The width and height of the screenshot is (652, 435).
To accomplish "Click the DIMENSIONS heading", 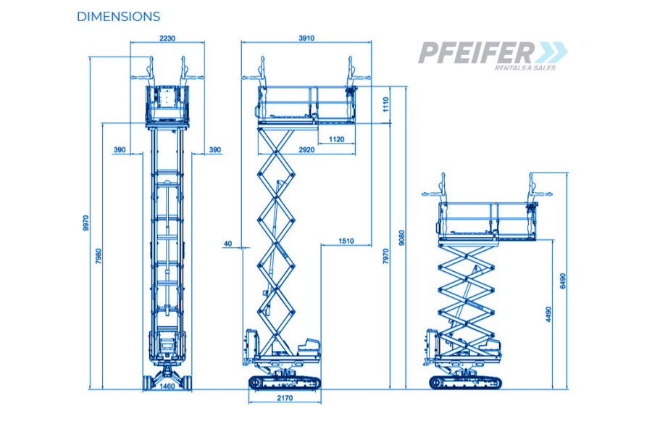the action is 118,17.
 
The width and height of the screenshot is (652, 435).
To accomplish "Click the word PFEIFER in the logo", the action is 477,52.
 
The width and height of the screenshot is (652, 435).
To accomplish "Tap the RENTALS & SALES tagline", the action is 524,68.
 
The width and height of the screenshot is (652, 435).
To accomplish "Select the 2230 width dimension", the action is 167,38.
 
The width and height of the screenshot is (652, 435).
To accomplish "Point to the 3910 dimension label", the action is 306,38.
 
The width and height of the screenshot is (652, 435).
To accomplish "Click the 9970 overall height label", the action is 86,223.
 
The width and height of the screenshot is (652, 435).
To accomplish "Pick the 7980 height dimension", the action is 99,256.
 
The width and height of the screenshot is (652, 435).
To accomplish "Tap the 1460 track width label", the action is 167,386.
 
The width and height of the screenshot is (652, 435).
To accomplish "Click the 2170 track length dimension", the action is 285,398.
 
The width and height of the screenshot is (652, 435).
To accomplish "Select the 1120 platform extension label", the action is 336,139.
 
